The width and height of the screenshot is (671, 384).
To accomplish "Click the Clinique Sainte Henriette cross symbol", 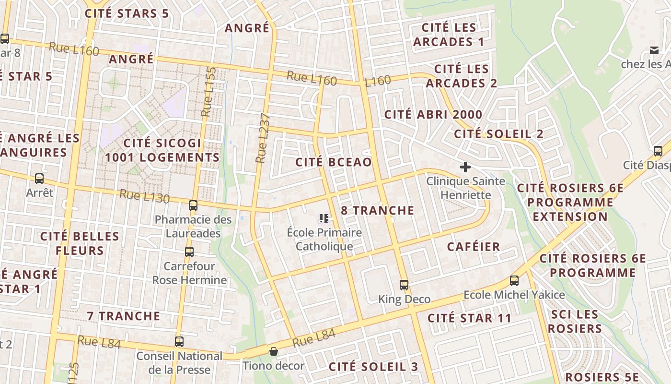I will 465,167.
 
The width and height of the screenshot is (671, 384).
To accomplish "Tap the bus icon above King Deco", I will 404,285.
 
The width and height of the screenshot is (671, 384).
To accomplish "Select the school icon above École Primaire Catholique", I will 324,219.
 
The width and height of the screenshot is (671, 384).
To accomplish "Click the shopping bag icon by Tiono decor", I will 273,352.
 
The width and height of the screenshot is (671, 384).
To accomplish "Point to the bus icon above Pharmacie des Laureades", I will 193,205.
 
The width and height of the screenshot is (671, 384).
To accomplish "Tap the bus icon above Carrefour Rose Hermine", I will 189,252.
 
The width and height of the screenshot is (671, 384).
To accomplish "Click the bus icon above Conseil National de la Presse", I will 179,342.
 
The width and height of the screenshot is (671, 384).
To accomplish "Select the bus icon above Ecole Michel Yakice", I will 514,281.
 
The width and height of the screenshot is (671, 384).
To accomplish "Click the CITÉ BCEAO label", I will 334,162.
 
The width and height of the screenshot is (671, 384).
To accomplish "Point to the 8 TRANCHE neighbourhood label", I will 378,210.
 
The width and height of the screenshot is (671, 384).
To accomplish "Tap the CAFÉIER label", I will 474,247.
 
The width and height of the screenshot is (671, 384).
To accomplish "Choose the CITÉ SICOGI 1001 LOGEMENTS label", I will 162,150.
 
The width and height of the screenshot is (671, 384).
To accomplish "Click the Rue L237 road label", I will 263,138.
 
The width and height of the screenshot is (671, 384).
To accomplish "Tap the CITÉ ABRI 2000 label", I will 433,115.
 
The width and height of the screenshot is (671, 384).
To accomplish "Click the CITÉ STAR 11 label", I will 470,318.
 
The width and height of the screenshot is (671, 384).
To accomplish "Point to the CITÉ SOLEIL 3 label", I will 373,367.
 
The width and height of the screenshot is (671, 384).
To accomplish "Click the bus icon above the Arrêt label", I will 39,179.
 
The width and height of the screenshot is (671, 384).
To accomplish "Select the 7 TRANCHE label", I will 124,316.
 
